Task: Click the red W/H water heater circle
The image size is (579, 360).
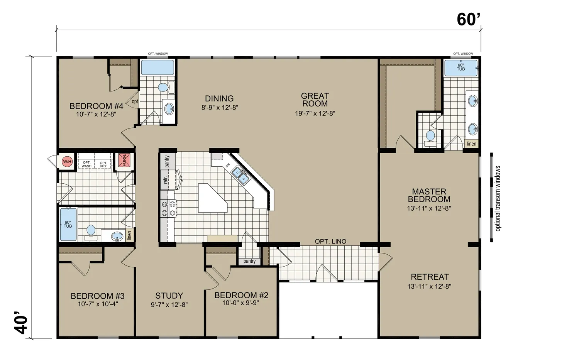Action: [67, 162]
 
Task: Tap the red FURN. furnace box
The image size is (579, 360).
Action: [124, 160]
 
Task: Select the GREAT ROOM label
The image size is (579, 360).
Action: [315, 100]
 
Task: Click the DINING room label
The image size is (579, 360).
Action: [219, 98]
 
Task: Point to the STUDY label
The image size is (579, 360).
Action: [169, 296]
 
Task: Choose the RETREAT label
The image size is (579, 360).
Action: [430, 277]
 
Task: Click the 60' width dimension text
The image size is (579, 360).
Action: [468, 19]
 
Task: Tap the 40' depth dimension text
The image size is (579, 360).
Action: [20, 323]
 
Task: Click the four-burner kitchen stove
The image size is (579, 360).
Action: [169, 208]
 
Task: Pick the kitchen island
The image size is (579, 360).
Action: [212, 198]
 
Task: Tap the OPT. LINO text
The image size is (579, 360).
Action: [330, 242]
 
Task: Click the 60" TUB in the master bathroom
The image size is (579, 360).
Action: [460, 68]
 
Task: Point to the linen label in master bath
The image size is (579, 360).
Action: [472, 144]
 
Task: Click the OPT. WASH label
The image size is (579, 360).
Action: [86, 164]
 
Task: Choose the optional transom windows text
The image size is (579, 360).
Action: [498, 198]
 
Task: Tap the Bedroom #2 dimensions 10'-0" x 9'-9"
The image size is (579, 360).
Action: [240, 303]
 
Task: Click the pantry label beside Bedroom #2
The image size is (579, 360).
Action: [249, 261]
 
